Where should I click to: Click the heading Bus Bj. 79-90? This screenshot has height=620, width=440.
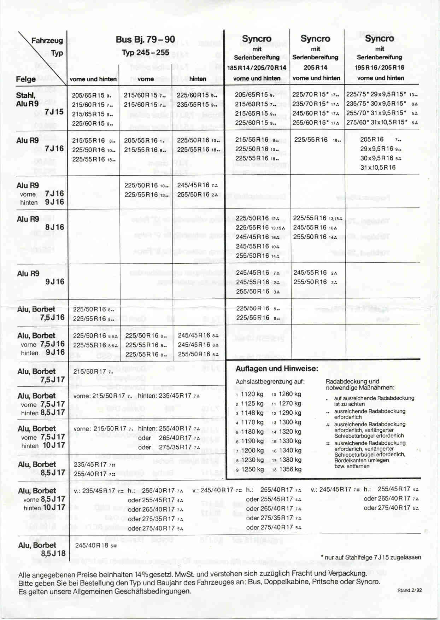[x=145, y=40]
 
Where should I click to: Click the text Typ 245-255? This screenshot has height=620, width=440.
[x=145, y=53]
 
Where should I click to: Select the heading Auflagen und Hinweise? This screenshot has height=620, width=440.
[x=277, y=369]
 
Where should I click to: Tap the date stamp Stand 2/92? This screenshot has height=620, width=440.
[x=409, y=590]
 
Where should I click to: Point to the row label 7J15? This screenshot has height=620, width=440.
[x=54, y=112]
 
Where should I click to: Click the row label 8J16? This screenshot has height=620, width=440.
[x=54, y=227]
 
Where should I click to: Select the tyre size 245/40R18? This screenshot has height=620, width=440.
[x=92, y=545]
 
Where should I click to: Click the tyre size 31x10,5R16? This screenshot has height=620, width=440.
[x=377, y=168]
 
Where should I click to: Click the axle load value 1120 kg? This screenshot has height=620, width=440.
[x=252, y=394]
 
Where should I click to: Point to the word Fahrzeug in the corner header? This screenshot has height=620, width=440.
[x=47, y=41]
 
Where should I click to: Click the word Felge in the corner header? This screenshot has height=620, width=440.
[x=25, y=79]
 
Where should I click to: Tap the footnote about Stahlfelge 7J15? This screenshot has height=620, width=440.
[x=371, y=557]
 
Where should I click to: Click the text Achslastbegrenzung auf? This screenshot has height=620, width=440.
[x=270, y=382]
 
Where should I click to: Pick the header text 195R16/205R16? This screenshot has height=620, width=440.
[x=380, y=68]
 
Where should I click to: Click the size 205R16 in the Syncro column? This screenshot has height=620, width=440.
[x=371, y=139]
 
